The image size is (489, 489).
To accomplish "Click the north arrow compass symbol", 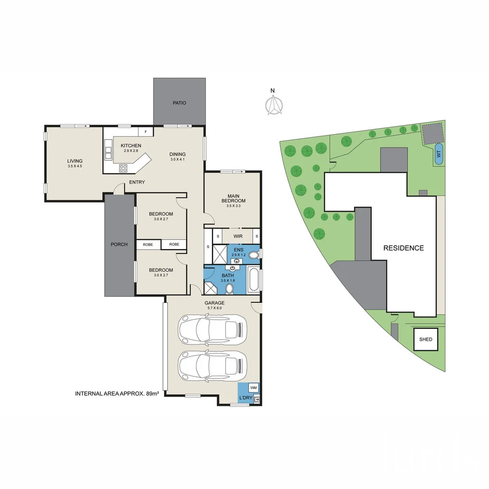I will click(x=273, y=105).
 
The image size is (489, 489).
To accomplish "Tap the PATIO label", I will click(x=179, y=103).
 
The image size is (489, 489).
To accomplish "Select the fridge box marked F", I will click(x=145, y=132).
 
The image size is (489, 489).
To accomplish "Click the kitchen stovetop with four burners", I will click(x=124, y=168).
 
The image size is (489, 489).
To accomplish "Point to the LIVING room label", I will click(x=75, y=161).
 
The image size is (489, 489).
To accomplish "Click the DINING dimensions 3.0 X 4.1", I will click(x=177, y=159).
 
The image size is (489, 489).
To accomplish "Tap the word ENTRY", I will click(x=137, y=182).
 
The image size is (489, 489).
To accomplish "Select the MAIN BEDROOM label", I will click(x=233, y=198).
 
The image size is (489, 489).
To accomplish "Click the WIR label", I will click(x=238, y=236).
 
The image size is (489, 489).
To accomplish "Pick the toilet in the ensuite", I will click(x=254, y=255).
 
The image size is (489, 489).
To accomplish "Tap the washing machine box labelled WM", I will click(x=253, y=388).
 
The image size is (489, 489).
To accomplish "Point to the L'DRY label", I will click(x=245, y=398).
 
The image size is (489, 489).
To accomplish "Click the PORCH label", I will click(x=119, y=244).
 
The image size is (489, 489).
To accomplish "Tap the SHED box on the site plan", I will click(x=426, y=339).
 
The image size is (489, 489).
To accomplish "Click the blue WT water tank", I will click(x=438, y=153).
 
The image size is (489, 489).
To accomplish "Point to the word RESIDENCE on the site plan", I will click(x=403, y=248).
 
